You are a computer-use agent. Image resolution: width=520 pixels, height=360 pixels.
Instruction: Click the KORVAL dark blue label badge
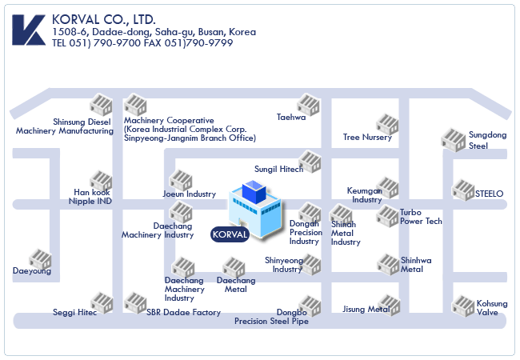[x=230, y=234]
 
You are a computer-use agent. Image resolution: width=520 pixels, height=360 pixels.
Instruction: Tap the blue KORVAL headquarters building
[x=254, y=210]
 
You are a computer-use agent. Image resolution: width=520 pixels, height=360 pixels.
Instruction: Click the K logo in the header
[x=27, y=30]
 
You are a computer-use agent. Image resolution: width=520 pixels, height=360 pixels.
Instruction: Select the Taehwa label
[x=291, y=118]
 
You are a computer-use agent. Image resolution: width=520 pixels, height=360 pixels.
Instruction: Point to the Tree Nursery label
[x=367, y=138]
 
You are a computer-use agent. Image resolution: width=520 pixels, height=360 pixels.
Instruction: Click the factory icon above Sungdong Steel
[x=453, y=139]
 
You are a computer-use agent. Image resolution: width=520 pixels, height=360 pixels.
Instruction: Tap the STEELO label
[x=489, y=194]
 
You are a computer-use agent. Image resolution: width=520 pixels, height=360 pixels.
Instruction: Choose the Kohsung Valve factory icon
[x=463, y=305]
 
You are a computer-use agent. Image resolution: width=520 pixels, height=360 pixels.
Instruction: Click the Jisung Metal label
[x=366, y=309]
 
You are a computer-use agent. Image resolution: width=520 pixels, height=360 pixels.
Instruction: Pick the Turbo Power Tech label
[x=421, y=217]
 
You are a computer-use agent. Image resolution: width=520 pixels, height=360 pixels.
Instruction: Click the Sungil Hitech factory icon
[x=310, y=161]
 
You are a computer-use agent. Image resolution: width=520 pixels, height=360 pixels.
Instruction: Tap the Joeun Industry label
[x=190, y=194]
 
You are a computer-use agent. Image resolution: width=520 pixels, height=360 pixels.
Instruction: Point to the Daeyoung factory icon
[x=40, y=259]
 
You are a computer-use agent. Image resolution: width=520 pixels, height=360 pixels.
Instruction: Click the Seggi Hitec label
[x=74, y=313]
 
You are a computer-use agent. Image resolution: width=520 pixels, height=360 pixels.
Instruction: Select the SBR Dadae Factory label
[x=183, y=313]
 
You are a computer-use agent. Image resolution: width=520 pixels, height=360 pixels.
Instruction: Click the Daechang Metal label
[x=236, y=285]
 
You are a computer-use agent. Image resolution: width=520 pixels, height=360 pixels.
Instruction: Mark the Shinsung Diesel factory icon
[x=101, y=104]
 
